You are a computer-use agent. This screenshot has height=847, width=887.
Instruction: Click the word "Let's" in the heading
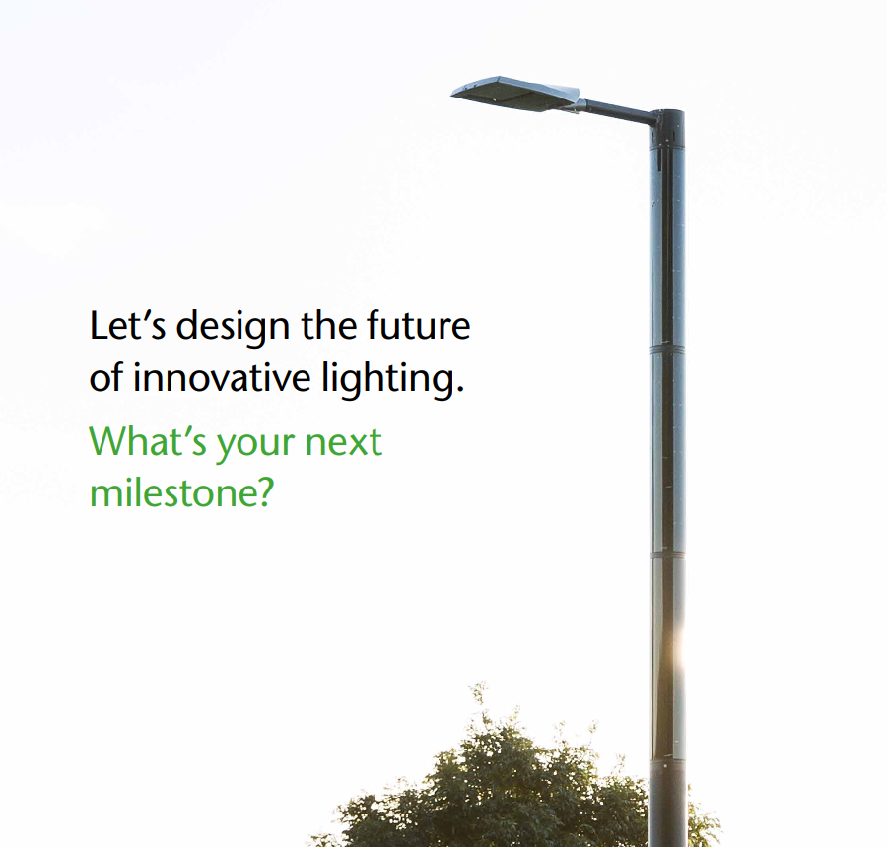[127, 326]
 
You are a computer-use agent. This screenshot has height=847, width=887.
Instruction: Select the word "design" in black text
[233, 329]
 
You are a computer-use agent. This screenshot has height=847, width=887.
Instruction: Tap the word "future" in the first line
[418, 325]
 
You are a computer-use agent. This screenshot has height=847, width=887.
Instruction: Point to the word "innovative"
[222, 377]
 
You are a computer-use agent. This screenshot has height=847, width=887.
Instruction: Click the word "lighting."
[393, 380]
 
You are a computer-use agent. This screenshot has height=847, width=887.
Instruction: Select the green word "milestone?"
[181, 491]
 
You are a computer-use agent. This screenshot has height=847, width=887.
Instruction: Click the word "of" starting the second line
[105, 377]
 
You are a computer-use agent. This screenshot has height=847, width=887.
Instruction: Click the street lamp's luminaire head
[515, 94]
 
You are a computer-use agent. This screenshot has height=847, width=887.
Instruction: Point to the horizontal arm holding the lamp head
[620, 111]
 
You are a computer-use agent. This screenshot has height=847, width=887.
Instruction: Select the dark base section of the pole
[668, 803]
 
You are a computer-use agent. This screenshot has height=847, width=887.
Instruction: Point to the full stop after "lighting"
[460, 390]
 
